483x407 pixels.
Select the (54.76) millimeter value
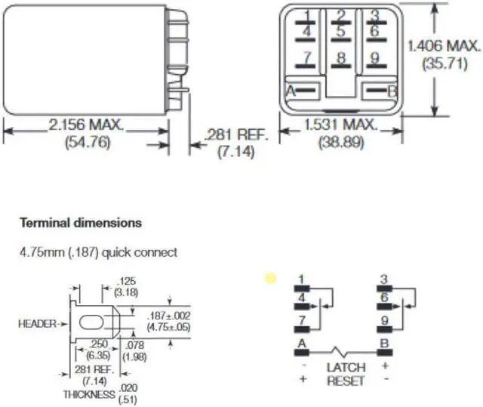point(86,141)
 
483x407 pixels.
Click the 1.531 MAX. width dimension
point(340,125)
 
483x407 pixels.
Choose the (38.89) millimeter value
point(340,141)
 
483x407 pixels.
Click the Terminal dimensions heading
point(80,224)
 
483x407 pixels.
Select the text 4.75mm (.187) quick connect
point(98,252)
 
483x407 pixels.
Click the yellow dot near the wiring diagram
point(270,278)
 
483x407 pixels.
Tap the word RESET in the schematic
point(346,381)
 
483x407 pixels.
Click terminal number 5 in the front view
point(341,32)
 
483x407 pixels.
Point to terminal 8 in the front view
point(341,58)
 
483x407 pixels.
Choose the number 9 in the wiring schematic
point(383,321)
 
